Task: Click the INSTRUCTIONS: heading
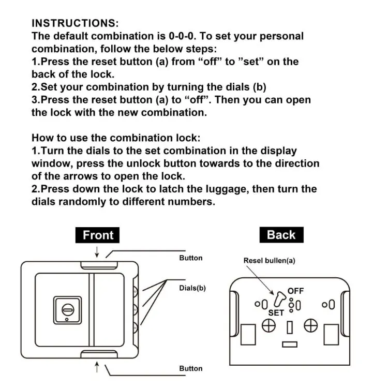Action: [x=75, y=23]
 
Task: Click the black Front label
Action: [x=98, y=235]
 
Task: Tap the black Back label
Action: [x=281, y=235]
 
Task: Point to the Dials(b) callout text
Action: [x=192, y=288]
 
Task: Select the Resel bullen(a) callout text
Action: [x=269, y=261]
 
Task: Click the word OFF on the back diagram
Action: [x=295, y=291]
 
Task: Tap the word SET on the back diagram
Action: [x=276, y=313]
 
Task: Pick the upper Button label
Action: [x=191, y=258]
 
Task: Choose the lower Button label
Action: [x=191, y=368]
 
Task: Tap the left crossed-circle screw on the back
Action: [x=268, y=325]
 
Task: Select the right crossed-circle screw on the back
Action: [x=310, y=325]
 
